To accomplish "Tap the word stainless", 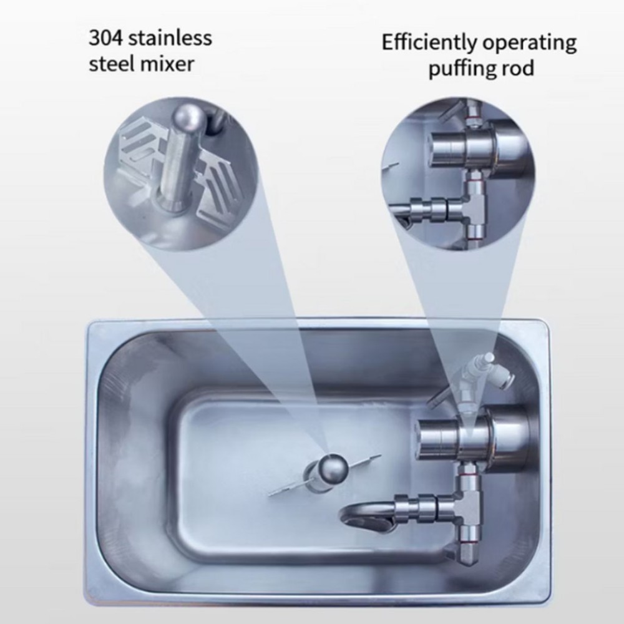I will pyautogui.click(x=173, y=38).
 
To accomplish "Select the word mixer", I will pyautogui.click(x=168, y=64).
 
